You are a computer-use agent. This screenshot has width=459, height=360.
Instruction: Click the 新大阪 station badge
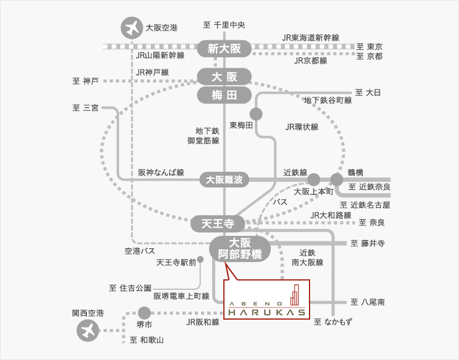pos(224,48)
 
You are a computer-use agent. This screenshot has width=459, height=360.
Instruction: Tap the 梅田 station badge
pos(224,95)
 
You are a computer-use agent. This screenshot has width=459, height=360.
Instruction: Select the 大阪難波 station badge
pos(224,180)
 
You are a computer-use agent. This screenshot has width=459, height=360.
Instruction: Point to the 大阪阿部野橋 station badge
pos(240,248)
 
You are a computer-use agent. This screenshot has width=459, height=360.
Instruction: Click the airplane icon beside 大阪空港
pos(131,28)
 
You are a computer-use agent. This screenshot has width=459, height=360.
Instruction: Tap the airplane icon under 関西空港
pos(87,330)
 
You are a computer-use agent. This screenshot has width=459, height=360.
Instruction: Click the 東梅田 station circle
pos(256,114)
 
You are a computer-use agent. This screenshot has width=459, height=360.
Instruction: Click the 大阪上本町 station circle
pos(314,179)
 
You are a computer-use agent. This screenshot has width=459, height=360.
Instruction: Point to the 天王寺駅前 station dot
pos(200,261)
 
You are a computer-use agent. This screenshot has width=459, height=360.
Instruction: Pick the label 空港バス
pos(140,251)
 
